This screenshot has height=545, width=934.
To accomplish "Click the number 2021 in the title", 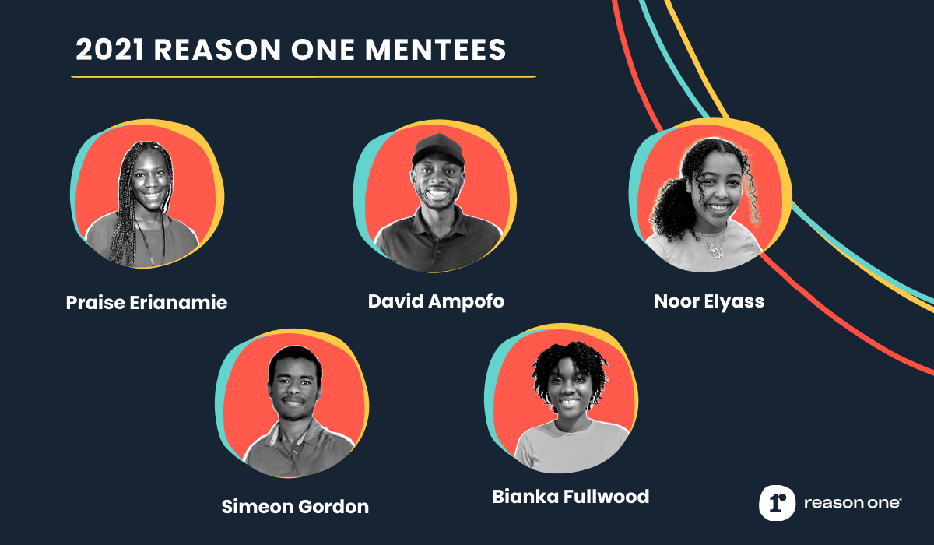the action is pyautogui.click(x=110, y=50).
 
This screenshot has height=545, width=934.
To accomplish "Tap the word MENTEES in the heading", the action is pyautogui.click(x=435, y=50).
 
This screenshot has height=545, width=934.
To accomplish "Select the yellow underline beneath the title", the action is pyautogui.click(x=304, y=77).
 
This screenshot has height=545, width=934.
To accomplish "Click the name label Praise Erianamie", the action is pyautogui.click(x=147, y=303).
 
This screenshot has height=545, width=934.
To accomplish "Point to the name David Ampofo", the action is pyautogui.click(x=436, y=301).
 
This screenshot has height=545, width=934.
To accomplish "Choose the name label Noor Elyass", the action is pyautogui.click(x=709, y=301).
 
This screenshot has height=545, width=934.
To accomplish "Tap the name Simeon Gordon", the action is pyautogui.click(x=295, y=507).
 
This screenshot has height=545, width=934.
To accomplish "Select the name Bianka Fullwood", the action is pyautogui.click(x=571, y=497).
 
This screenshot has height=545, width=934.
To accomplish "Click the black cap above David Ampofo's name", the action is pyautogui.click(x=438, y=149).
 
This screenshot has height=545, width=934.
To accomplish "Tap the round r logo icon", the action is pyautogui.click(x=778, y=503).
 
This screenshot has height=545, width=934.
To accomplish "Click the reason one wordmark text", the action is pyautogui.click(x=853, y=503).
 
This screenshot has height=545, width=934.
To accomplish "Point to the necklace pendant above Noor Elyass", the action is pyautogui.click(x=716, y=251).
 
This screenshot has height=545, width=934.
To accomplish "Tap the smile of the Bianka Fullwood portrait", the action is pyautogui.click(x=570, y=403).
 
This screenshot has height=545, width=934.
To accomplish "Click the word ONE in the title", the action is pyautogui.click(x=323, y=50).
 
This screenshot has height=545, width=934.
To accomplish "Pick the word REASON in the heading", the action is pyautogui.click(x=217, y=50).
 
